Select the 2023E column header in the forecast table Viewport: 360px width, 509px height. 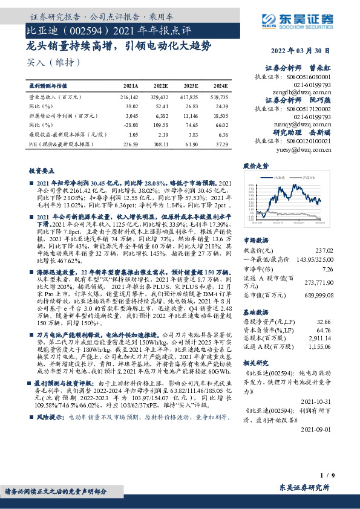point(193,87)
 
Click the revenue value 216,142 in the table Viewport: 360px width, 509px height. point(129,96)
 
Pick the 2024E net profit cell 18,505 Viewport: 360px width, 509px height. point(221,114)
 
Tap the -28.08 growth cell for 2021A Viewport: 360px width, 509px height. point(131,123)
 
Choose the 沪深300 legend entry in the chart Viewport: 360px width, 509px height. point(312,178)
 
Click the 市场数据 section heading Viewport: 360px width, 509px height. point(254,239)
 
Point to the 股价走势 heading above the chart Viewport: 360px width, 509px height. point(255,165)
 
